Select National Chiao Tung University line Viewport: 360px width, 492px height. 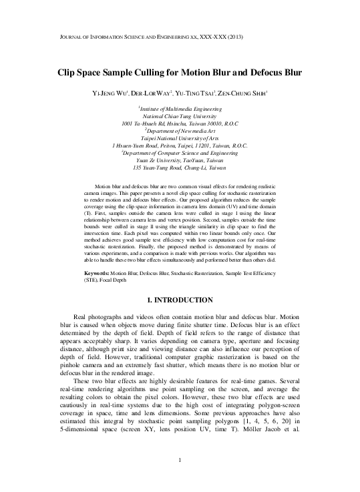pos(180,115)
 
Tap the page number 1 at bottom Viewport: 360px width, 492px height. pos(180,479)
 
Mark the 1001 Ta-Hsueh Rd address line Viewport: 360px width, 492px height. pos(180,123)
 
